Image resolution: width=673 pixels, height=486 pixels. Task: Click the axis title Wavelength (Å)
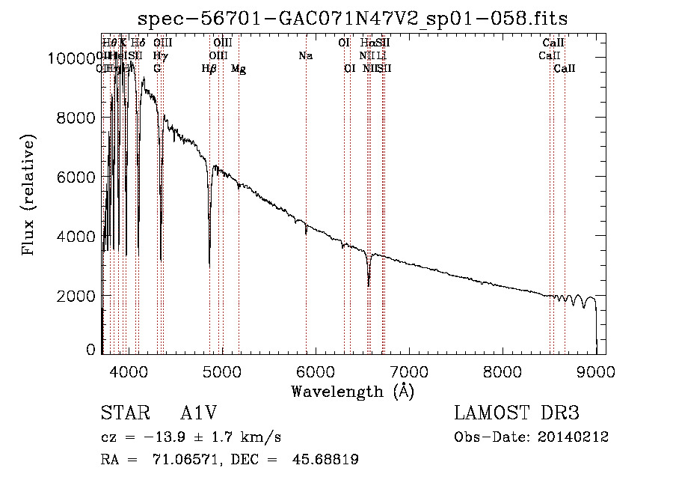pyautogui.click(x=352, y=391)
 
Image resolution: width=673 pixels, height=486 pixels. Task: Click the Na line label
pyautogui.click(x=305, y=56)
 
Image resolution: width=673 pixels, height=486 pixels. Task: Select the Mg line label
pyautogui.click(x=239, y=69)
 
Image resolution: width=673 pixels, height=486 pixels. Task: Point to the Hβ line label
pyautogui.click(x=209, y=69)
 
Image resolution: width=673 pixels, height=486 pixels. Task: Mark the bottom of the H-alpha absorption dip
pyautogui.click(x=369, y=285)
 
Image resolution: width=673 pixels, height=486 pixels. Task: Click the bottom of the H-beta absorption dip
pyautogui.click(x=209, y=264)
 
